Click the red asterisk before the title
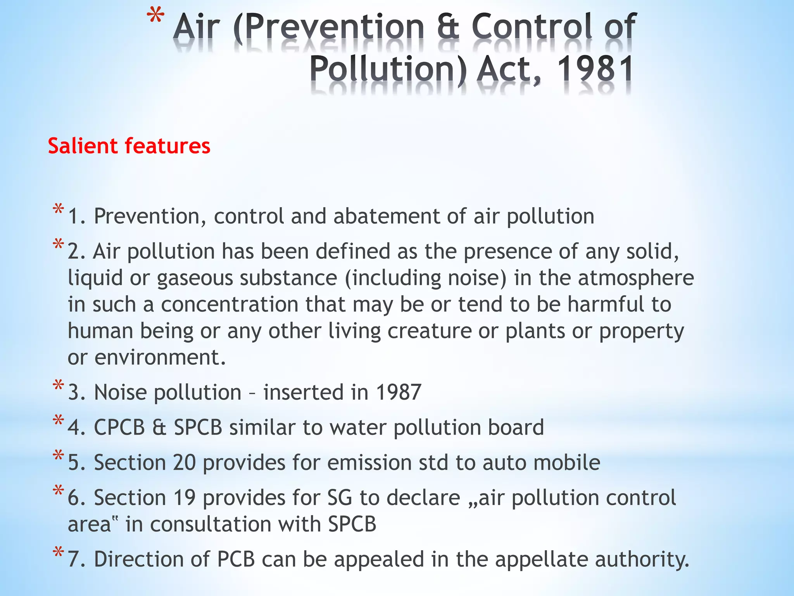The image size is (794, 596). [x=155, y=19]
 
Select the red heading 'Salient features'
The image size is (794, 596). [x=129, y=146]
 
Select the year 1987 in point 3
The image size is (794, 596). [x=399, y=392]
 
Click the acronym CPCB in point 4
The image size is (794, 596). [x=119, y=427]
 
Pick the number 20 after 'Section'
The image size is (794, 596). [x=184, y=463]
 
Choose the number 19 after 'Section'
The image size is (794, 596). [x=184, y=497]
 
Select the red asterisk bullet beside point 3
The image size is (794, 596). [x=59, y=386]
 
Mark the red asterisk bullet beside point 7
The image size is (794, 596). [x=59, y=553]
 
